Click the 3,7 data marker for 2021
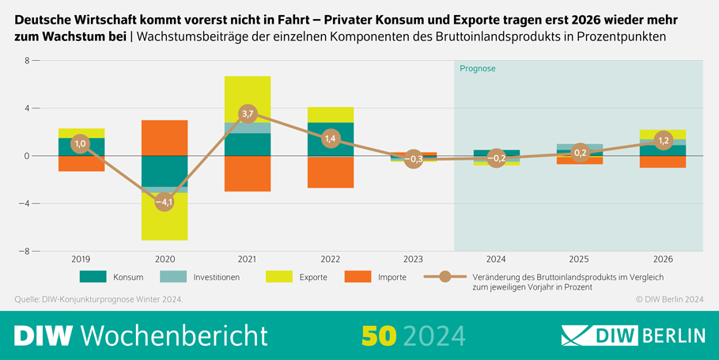[x=248, y=114]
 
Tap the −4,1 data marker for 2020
[x=165, y=202]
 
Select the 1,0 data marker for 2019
[x=81, y=143]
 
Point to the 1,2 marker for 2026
[x=664, y=140]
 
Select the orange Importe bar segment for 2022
[x=331, y=172]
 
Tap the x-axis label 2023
[x=414, y=259]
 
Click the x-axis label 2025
[x=580, y=259]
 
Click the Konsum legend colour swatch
[x=93, y=277]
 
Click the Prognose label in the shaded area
[x=478, y=69]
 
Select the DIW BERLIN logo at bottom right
[x=633, y=335]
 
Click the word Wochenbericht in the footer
[x=174, y=335]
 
